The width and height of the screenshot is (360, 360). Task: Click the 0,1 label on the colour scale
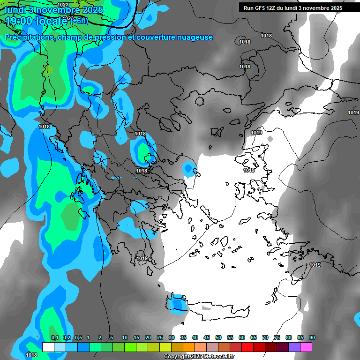point(54,337)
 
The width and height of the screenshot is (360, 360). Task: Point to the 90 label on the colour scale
point(312,337)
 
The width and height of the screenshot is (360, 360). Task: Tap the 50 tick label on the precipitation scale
point(218,337)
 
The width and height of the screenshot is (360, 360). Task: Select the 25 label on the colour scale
point(160,337)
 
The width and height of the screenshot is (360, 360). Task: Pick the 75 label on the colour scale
point(277,337)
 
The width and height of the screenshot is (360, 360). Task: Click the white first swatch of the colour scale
point(48,347)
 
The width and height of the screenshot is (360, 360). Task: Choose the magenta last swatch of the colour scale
point(306,347)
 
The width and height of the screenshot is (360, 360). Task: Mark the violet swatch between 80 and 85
point(294,347)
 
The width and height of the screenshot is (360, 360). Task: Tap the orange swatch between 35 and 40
point(189,347)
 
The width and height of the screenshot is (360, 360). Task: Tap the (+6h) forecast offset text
point(79,21)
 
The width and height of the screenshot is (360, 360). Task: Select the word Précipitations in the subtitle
point(28,37)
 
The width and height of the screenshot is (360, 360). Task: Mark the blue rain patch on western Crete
point(177,304)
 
